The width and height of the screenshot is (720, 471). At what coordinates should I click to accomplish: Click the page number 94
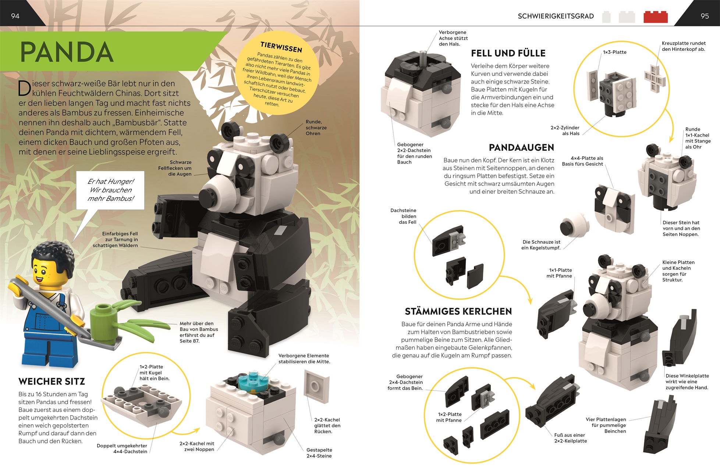[x=15, y=16]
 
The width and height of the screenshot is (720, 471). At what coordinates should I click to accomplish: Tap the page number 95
[x=705, y=16]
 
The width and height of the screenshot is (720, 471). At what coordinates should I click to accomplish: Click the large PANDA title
[x=67, y=52]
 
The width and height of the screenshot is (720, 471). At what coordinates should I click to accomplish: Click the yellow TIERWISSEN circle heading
[x=281, y=47]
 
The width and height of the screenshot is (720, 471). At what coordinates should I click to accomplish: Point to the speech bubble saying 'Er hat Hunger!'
[x=110, y=190]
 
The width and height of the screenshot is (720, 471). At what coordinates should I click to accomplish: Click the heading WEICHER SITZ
[x=52, y=381]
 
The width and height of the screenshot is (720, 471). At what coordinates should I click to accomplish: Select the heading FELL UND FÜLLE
[x=508, y=53]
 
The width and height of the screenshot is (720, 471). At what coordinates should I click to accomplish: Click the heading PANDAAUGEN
[x=521, y=148]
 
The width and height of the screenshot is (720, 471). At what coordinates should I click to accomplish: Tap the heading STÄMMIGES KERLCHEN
[x=458, y=311]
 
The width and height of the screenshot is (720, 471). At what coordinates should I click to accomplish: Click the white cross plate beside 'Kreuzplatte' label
[x=655, y=79]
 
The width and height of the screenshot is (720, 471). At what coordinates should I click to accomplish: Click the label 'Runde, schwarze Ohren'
[x=316, y=128]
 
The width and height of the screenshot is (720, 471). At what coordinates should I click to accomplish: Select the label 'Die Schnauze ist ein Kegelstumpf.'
[x=541, y=245]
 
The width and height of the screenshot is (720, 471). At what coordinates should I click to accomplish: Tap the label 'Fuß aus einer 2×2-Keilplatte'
[x=570, y=438]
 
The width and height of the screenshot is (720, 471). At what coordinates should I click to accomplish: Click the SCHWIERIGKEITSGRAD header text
[x=556, y=16]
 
